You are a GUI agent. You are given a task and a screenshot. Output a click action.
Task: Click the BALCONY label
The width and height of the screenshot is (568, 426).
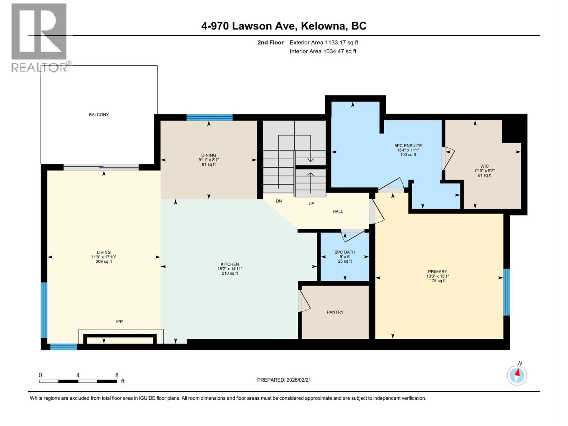(x=99, y=115)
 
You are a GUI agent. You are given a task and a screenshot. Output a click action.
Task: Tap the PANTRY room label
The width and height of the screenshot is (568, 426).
(x=335, y=312)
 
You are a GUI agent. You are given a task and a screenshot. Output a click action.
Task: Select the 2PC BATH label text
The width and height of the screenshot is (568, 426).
(x=345, y=252)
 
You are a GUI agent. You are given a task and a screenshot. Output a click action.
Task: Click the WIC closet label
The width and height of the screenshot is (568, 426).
(x=485, y=166)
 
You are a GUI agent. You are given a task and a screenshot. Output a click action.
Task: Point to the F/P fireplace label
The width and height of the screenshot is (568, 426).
(x=119, y=322)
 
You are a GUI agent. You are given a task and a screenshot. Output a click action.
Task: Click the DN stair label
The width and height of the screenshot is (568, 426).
(x=279, y=201)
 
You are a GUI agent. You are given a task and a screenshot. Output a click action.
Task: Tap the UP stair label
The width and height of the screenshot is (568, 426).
(x=311, y=204)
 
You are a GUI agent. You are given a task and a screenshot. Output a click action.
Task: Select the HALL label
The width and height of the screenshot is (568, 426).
(x=338, y=212)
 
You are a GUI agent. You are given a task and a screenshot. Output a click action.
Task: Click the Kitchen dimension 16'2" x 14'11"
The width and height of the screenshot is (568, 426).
(x=230, y=269)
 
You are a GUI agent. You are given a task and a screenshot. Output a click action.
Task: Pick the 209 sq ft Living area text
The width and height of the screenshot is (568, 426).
(x=104, y=262)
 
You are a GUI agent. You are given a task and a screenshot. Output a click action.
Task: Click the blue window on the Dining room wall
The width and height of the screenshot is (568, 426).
(x=209, y=118)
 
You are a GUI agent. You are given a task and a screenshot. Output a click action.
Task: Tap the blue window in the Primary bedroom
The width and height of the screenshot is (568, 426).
(x=507, y=292)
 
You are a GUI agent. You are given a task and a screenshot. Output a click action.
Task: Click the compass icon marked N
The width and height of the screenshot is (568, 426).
(x=517, y=375)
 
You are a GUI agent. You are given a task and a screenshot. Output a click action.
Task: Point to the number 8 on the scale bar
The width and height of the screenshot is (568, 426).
(x=116, y=375)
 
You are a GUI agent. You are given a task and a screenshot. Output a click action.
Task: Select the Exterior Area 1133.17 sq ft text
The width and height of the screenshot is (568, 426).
(x=324, y=43)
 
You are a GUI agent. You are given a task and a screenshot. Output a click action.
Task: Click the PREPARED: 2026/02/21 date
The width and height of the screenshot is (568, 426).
(x=284, y=380)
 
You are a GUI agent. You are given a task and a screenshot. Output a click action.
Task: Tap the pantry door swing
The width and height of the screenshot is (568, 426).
(x=304, y=301)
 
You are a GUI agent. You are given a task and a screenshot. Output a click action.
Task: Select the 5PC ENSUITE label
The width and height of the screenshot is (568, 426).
(x=408, y=146)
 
